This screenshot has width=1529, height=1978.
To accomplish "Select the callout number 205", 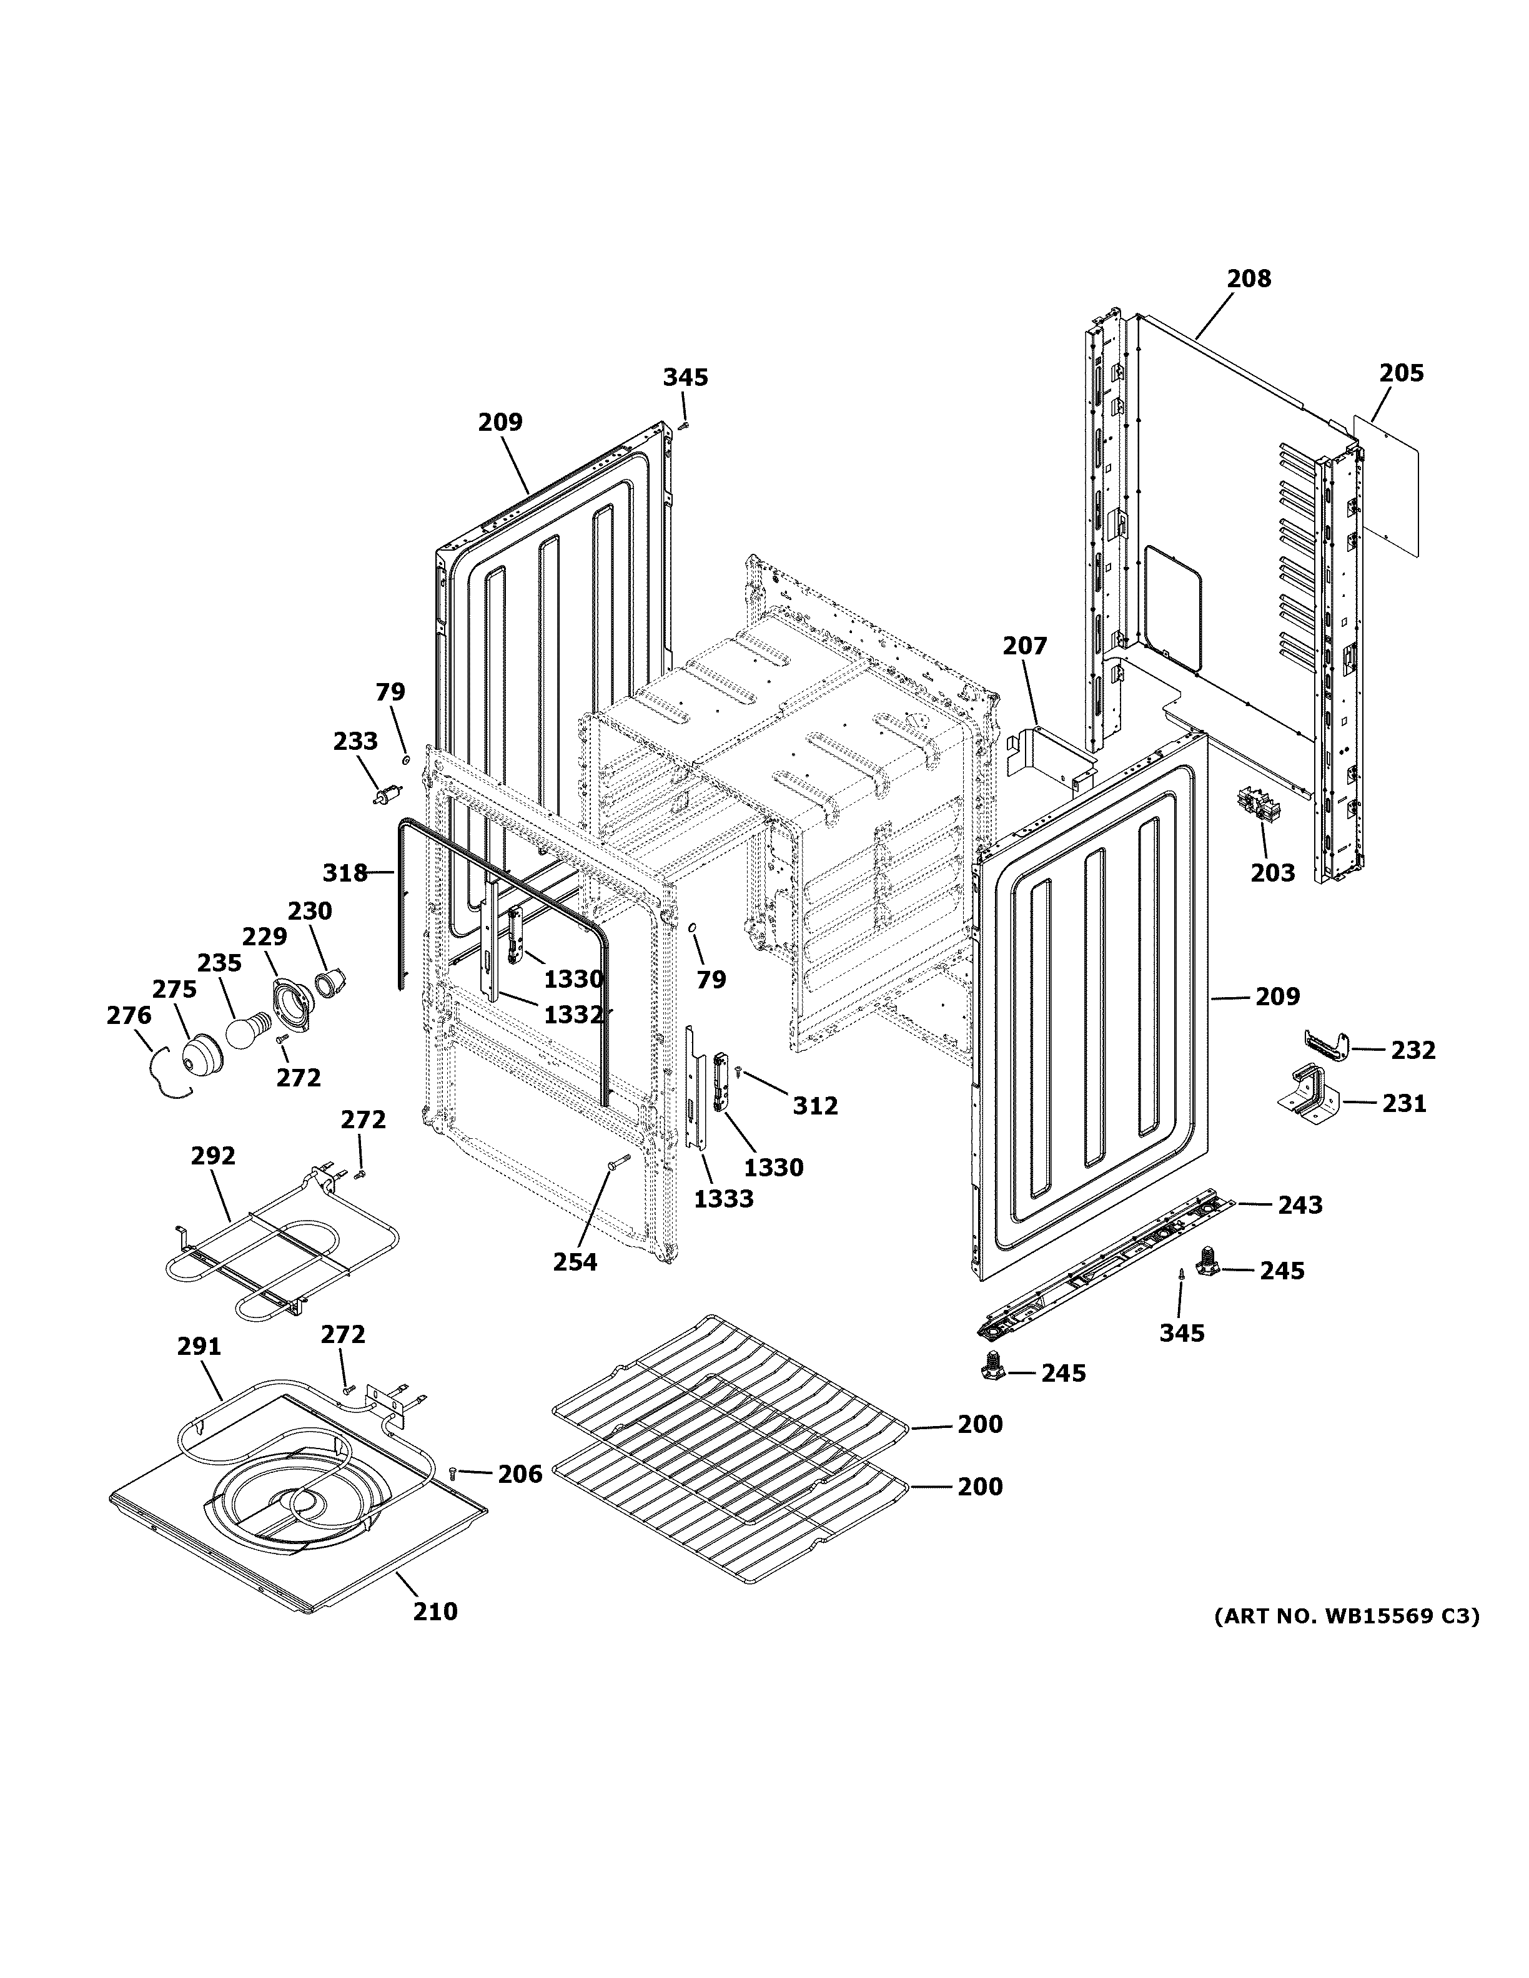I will click(1402, 373).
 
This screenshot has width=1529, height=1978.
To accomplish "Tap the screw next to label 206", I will click(453, 1474).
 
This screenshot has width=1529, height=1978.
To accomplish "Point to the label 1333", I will click(724, 1199).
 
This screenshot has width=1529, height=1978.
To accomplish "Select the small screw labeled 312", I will click(739, 1072).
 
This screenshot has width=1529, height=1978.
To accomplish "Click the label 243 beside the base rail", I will click(1300, 1206).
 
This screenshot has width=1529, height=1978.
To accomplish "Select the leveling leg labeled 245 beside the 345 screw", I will click(1207, 1262).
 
